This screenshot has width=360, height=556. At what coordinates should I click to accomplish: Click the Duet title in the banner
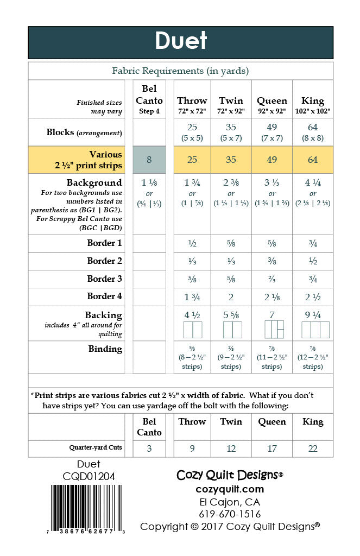click(x=181, y=41)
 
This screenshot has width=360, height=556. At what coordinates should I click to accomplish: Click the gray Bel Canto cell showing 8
click(x=149, y=160)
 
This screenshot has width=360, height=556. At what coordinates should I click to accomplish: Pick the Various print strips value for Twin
click(x=231, y=160)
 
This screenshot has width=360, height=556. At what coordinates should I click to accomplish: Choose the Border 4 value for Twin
click(x=231, y=296)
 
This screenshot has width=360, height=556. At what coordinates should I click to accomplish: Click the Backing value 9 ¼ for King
click(x=313, y=315)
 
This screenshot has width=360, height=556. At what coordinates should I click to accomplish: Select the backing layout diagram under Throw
click(x=192, y=330)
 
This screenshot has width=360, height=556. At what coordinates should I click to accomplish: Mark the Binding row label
click(x=105, y=349)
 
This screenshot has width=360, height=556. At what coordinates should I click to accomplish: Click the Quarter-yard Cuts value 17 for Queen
click(x=272, y=448)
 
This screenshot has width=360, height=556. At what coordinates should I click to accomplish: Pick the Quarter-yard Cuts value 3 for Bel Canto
click(x=149, y=448)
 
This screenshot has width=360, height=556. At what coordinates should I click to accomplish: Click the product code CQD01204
click(x=89, y=476)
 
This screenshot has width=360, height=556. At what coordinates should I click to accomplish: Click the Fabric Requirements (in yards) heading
click(x=180, y=71)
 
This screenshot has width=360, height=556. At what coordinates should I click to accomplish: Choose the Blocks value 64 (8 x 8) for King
click(x=313, y=132)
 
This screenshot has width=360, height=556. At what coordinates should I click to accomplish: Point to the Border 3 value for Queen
click(x=272, y=279)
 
